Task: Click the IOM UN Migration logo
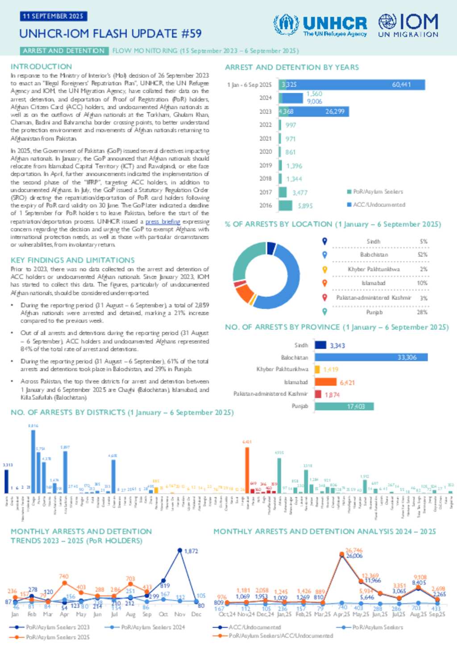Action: point(408,25)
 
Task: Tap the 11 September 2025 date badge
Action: point(53,16)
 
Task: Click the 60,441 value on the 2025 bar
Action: point(401,84)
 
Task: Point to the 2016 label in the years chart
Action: point(266,205)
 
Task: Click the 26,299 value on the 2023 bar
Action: point(335,111)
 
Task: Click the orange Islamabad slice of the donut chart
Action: point(244,293)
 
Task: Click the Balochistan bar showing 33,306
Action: point(371,357)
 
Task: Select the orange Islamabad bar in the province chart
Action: point(325,382)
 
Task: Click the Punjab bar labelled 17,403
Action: point(344,406)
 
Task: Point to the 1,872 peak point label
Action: point(191,551)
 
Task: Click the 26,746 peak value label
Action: point(354,551)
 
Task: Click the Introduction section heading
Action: point(41,67)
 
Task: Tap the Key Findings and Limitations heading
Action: point(72,260)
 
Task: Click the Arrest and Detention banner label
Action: point(63,51)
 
